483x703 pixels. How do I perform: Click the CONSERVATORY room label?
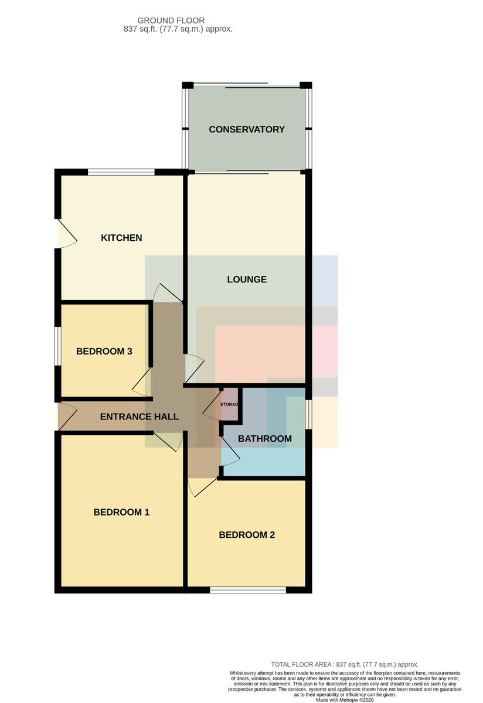[x=247, y=129]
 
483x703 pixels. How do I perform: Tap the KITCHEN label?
[x=121, y=238]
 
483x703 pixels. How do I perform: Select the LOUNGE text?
[x=247, y=279]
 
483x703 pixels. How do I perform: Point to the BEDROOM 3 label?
[x=104, y=351]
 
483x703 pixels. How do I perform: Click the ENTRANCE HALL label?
[x=139, y=417]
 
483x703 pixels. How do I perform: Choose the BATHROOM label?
[x=265, y=438]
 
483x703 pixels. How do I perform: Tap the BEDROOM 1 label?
[x=121, y=512]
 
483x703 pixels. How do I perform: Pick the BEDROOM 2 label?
[x=247, y=534]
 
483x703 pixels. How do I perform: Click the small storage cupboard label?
[x=229, y=405]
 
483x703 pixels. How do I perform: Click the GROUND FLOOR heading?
[x=171, y=21]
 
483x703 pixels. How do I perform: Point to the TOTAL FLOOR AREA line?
[x=345, y=664]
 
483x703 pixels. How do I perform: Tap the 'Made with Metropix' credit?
[x=345, y=700]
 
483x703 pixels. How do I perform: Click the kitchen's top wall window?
[x=121, y=172]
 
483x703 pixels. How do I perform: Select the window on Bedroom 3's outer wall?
[x=57, y=346]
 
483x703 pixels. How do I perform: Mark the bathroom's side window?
[x=309, y=414]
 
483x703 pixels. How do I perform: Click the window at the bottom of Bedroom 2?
[x=248, y=590]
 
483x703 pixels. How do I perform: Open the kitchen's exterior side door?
[x=67, y=234]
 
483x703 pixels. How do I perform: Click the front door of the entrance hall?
[x=67, y=416]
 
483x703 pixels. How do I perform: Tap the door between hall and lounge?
[x=195, y=368]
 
